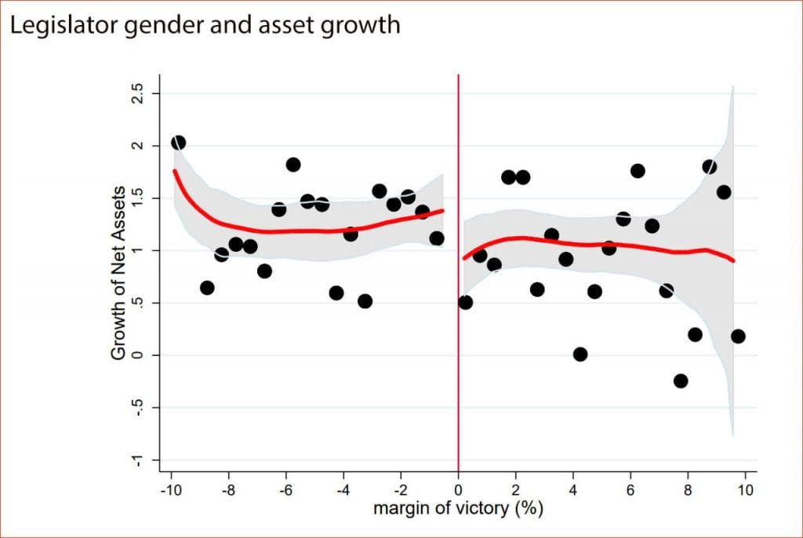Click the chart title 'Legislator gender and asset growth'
[x=205, y=25]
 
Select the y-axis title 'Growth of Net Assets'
[x=118, y=272]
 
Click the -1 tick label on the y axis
[x=137, y=460]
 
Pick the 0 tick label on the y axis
[x=137, y=355]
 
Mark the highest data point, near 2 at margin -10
[x=178, y=143]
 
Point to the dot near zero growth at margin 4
[x=580, y=354]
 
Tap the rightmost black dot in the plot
[x=738, y=336]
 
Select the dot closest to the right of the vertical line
[x=465, y=303]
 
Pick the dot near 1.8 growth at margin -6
[x=293, y=165]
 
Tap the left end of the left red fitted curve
[x=175, y=170]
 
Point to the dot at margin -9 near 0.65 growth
[x=207, y=288]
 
